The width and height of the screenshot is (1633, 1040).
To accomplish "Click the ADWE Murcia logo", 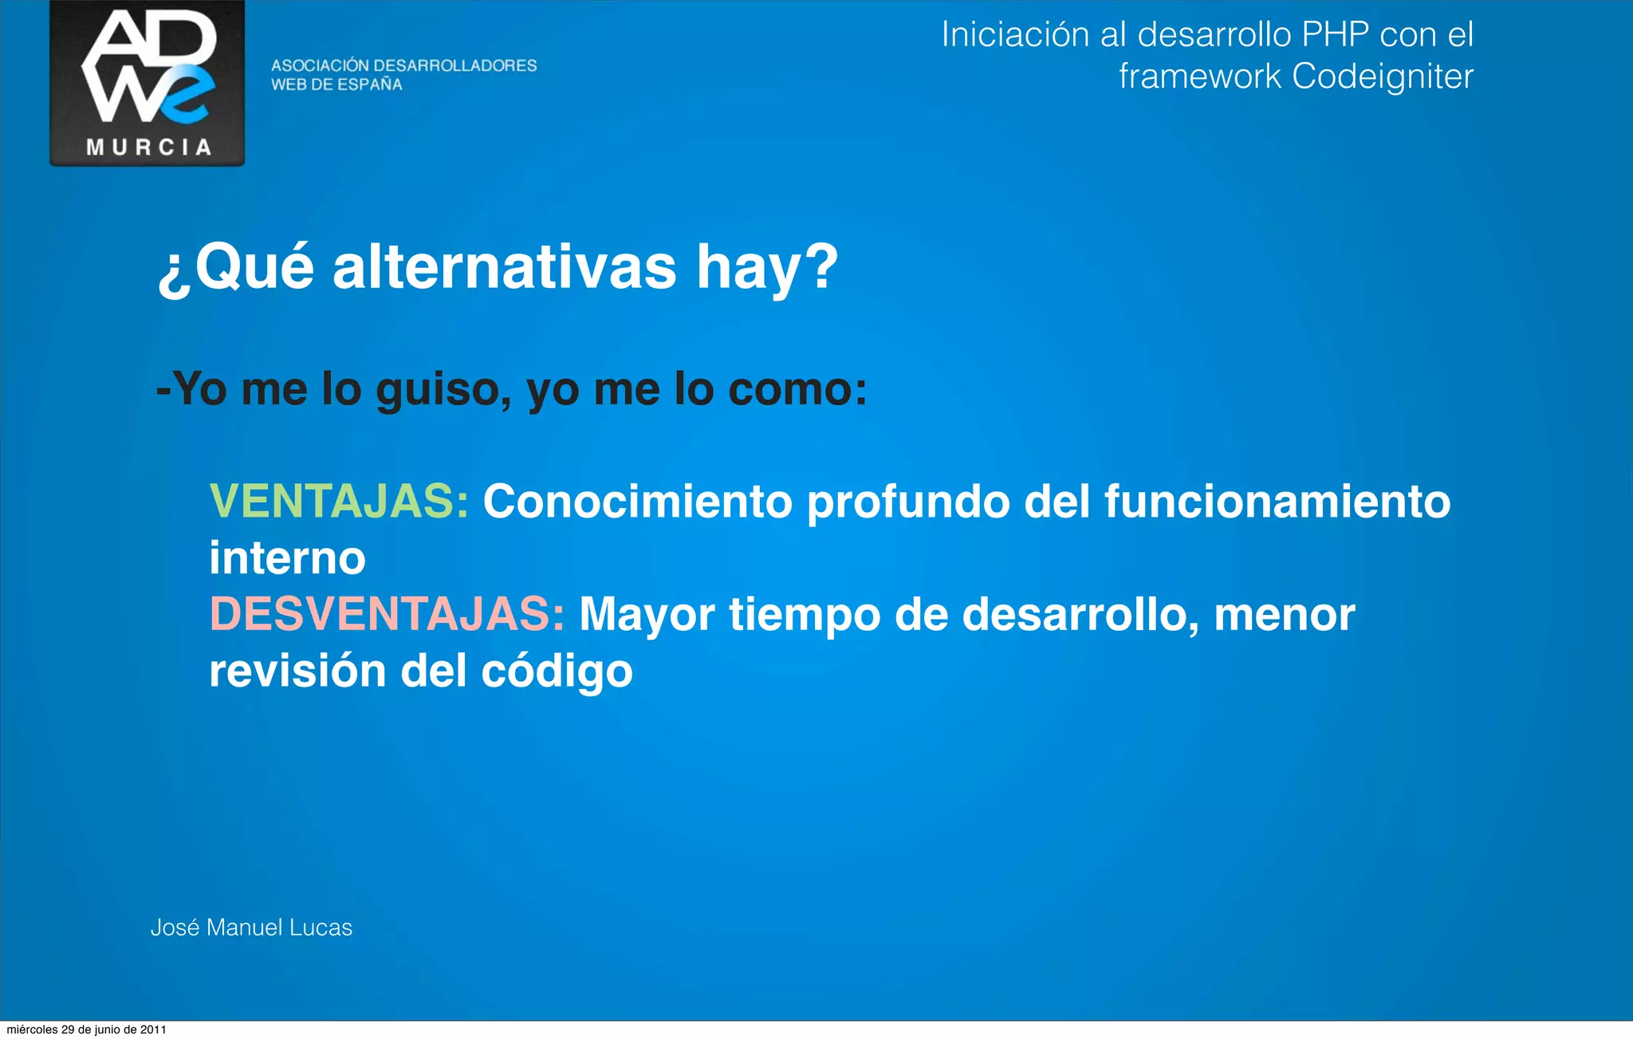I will pos(147,83).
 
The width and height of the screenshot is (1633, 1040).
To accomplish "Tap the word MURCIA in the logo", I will pos(148,148).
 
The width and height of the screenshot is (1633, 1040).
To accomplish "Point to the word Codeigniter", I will pos(1382,77).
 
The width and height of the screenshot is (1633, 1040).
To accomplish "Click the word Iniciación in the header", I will pos(1015,34).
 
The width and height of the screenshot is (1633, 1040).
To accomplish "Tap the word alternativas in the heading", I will pos(504,267).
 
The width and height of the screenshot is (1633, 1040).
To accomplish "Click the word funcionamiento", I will pos(1277,502).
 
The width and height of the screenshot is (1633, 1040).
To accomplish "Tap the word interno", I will pos(287,558).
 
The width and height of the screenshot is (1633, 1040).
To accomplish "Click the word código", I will pos(557,672).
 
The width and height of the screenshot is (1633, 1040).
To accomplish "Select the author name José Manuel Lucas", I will pos(251,928).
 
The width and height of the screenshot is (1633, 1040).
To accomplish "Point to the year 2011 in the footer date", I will pos(153,1030).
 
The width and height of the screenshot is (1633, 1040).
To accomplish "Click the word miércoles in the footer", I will pos(32,1030).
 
